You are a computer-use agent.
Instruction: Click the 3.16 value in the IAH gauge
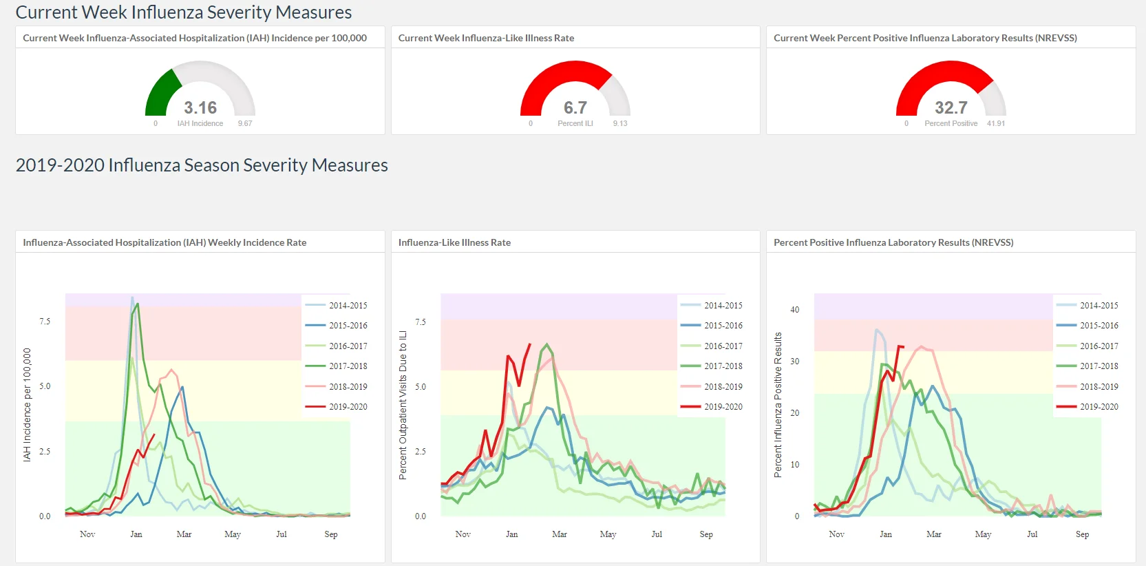point(200,107)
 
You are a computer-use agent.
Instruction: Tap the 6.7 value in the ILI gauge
point(575,107)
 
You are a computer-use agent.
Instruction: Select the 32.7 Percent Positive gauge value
point(951,107)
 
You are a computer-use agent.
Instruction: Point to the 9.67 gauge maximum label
point(244,123)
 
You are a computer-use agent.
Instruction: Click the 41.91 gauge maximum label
point(995,123)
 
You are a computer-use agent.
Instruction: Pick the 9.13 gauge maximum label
point(620,123)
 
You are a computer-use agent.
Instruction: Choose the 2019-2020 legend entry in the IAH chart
point(336,407)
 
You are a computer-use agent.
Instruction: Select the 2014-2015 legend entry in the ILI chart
point(711,306)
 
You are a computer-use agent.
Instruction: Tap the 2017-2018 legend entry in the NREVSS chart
point(1087,366)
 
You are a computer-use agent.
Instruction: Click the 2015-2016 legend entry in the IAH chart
point(336,326)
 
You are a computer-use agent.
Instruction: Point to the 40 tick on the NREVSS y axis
point(794,310)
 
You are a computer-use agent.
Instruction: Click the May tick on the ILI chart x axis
point(608,534)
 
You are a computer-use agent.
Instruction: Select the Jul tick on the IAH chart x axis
point(282,534)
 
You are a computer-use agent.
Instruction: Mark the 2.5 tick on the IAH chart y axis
point(45,452)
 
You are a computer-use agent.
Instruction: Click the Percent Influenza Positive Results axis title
point(778,405)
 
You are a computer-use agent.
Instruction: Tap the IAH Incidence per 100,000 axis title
point(27,405)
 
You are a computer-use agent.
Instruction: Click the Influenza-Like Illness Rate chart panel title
point(454,242)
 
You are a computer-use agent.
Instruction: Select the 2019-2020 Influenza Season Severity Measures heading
point(202,165)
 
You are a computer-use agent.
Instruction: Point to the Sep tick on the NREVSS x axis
point(1082,534)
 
